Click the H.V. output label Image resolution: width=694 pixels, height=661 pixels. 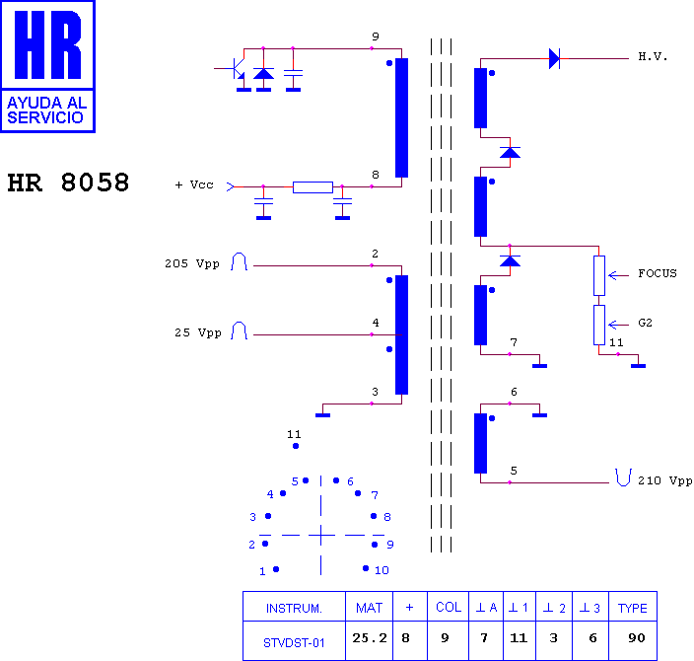[x=653, y=56]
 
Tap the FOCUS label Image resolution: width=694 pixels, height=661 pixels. [x=658, y=273]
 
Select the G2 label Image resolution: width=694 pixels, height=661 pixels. [x=645, y=323]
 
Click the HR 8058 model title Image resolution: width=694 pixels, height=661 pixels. [x=68, y=183]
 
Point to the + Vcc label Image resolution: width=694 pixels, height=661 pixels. [x=194, y=184]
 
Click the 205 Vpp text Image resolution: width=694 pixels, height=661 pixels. [x=192, y=263]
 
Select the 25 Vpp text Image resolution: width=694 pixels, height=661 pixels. [x=198, y=332]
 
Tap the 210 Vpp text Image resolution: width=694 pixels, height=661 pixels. [x=664, y=480]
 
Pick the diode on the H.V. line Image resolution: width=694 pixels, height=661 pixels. [x=554, y=58]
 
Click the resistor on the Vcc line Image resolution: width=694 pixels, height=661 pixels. [x=312, y=187]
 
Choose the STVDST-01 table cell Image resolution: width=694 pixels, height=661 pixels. [x=294, y=643]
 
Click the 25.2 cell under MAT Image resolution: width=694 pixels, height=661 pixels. [x=370, y=638]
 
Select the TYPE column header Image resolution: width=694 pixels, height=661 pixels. [x=633, y=609]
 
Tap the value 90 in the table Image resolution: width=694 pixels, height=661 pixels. [x=637, y=638]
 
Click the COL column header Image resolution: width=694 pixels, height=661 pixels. [x=449, y=607]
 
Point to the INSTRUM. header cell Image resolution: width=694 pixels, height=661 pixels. [x=294, y=609]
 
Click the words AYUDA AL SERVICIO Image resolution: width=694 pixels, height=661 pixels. [x=47, y=110]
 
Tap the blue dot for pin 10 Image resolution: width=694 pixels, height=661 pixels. [x=366, y=568]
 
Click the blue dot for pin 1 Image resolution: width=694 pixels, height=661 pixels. [x=276, y=569]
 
